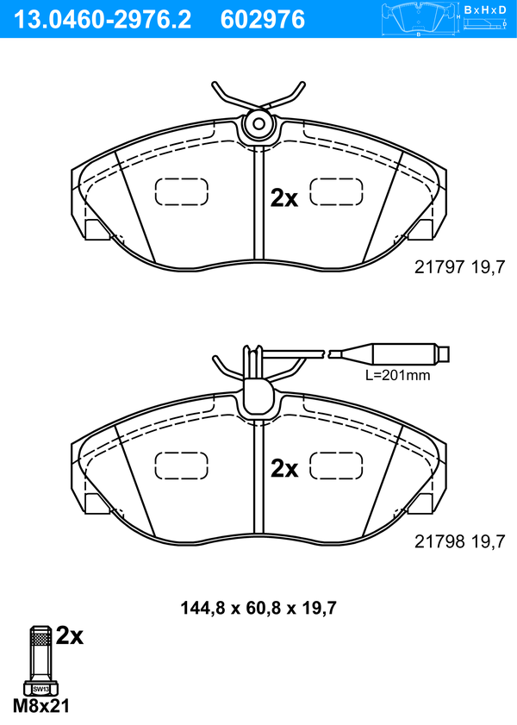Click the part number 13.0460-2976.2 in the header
(x=103, y=20)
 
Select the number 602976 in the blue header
(x=263, y=20)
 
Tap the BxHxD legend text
(x=485, y=9)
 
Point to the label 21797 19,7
(x=460, y=266)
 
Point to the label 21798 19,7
(x=460, y=541)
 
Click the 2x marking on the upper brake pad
(x=284, y=198)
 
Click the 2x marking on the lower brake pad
(x=284, y=469)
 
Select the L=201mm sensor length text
(x=398, y=375)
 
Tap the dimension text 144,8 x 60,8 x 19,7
(x=258, y=608)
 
